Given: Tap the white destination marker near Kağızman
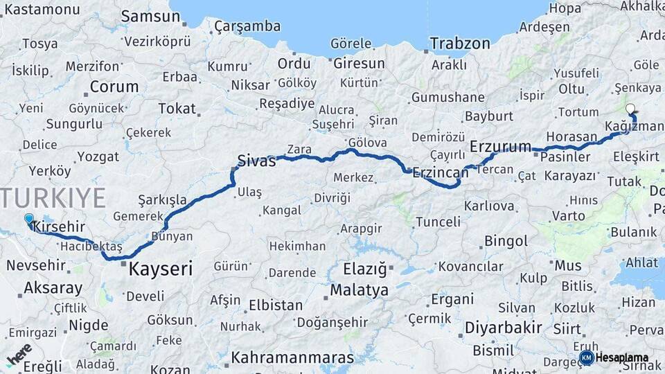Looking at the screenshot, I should click(x=630, y=109).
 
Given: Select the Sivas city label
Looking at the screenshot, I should click(x=256, y=161).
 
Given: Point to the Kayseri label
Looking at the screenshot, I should click(x=161, y=269).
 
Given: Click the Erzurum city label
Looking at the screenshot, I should click(x=500, y=146).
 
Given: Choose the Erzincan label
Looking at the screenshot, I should click(x=440, y=172).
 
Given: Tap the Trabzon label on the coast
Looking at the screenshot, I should click(x=459, y=44).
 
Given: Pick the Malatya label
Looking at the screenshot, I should click(x=359, y=290).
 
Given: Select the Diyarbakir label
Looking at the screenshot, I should click(x=502, y=327).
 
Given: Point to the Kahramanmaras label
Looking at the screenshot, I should click(x=292, y=358).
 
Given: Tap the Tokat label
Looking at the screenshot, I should click(x=177, y=108).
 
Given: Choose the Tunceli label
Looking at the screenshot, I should click(x=438, y=222).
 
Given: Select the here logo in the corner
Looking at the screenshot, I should click(x=19, y=355).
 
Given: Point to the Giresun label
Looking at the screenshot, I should click(x=359, y=64).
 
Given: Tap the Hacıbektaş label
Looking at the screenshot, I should click(x=91, y=247).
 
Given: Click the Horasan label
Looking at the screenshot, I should click(x=571, y=136).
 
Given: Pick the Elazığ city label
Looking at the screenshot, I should click(x=366, y=267).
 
